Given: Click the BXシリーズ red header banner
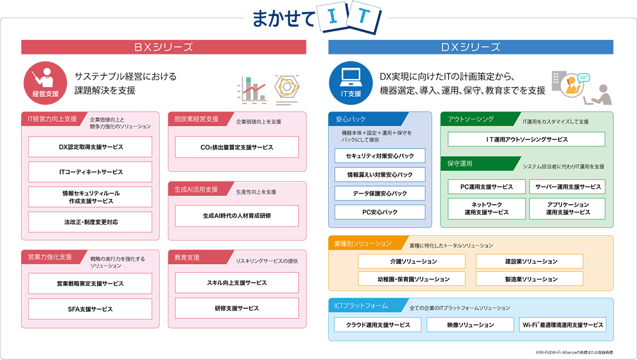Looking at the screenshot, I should click(164, 47).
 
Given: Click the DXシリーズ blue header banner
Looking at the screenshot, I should click(471, 47).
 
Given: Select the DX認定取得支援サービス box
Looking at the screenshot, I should click(90, 147).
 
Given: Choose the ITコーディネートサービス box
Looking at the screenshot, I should click(90, 172).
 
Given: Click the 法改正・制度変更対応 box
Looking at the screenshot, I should click(90, 222).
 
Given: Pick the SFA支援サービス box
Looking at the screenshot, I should click(90, 309).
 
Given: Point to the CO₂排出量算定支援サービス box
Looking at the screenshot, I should click(237, 147).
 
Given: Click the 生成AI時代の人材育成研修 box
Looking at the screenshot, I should click(237, 216).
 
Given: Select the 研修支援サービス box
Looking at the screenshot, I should click(237, 308).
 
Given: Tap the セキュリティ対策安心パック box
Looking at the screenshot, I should click(380, 156).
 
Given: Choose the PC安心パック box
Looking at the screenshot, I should click(380, 212).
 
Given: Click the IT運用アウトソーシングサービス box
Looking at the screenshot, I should click(527, 139).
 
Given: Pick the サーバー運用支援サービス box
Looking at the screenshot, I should click(567, 187).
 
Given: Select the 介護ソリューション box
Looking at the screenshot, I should click(412, 261).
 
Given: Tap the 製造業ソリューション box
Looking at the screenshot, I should click(530, 279).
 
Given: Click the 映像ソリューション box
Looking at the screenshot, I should click(468, 325).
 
